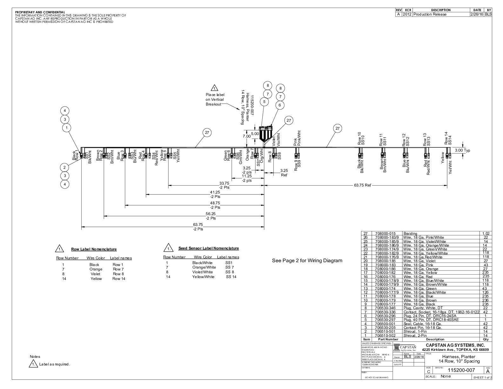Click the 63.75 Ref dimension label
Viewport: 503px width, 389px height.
(362, 185)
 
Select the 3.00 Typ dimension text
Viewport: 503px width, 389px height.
(462, 150)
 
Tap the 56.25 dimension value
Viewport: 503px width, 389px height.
(211, 214)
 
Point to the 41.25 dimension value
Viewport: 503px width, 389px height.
(215, 192)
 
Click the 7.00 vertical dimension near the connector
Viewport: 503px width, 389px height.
(246, 136)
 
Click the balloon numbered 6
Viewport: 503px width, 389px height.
(280, 105)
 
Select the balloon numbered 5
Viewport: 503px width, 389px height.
(264, 102)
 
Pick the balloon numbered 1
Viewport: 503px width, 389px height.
(67, 128)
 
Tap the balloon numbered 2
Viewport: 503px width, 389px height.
(64, 167)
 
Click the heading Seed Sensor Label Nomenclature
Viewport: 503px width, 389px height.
(208, 248)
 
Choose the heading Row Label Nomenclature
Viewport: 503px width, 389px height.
(94, 249)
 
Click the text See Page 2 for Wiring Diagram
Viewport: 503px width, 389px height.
(307, 261)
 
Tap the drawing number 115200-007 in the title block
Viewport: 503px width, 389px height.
(461, 370)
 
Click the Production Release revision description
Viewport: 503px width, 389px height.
(430, 14)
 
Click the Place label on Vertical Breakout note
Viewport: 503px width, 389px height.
(215, 99)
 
